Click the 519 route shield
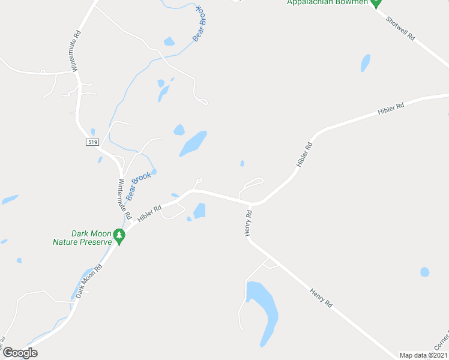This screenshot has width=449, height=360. [x=92, y=142]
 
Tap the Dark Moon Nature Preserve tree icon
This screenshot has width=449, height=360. [x=119, y=236]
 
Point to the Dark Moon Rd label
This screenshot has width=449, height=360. [x=89, y=281]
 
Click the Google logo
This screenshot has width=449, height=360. [x=20, y=353]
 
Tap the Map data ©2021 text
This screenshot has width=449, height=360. [x=423, y=355]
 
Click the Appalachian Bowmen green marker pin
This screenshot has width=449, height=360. [x=376, y=3]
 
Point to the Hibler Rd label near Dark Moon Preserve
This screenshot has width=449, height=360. [x=149, y=214]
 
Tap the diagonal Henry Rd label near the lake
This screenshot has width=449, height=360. [x=321, y=298]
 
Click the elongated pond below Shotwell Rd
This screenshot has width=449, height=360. [x=365, y=62]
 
